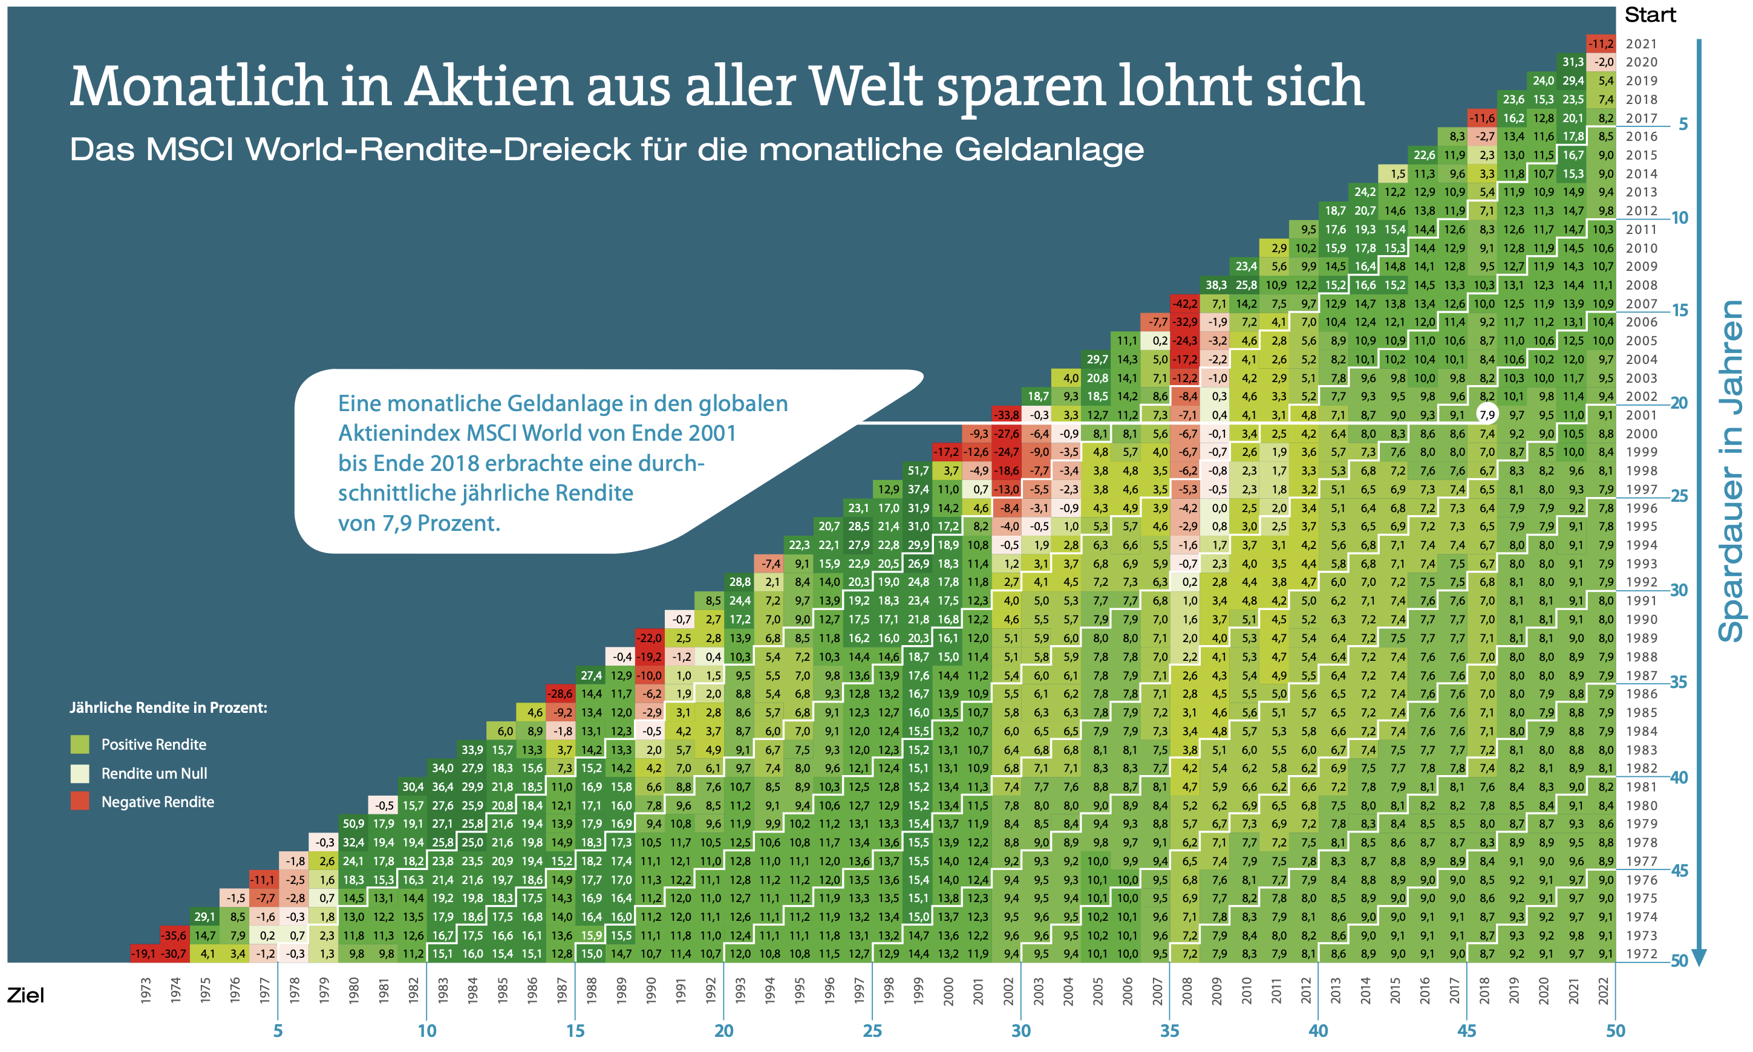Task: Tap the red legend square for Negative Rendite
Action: coord(80,801)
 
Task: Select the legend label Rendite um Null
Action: coord(154,773)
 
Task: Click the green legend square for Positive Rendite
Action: coord(80,744)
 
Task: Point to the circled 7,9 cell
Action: coord(1486,415)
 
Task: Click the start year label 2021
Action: coord(1642,44)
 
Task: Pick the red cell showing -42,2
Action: coord(1184,304)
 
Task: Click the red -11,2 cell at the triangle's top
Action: coord(1601,44)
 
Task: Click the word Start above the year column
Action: coord(1650,15)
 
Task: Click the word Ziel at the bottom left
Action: coord(25,995)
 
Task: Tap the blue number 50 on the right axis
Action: coord(1679,961)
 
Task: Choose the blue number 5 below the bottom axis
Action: coord(278,1031)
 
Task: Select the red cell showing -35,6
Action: coord(174,935)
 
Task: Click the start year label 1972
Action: coord(1642,953)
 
